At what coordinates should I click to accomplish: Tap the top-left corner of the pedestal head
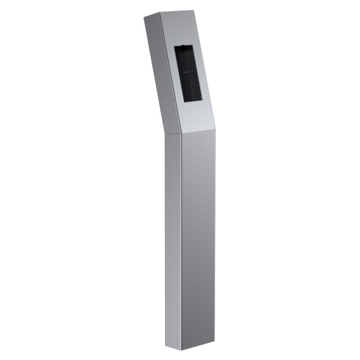144,19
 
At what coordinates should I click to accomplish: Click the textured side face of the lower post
172,236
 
